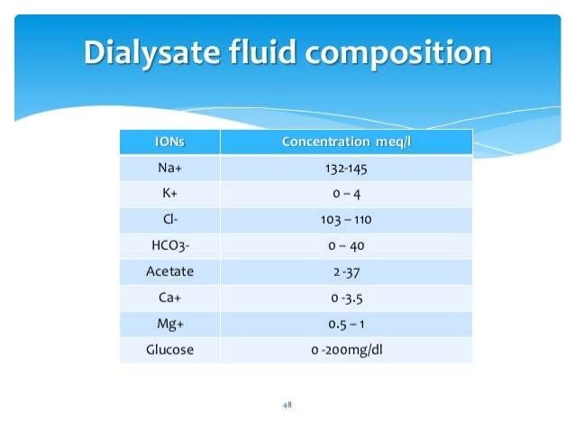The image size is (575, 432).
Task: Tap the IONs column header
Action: click(169, 142)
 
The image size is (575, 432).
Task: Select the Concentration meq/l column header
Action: click(346, 142)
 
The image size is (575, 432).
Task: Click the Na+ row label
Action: click(169, 168)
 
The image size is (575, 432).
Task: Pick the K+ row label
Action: click(169, 194)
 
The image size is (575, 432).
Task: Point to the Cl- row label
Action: click(169, 219)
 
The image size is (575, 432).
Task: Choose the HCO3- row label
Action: click(169, 245)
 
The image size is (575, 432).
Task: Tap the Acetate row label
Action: click(169, 271)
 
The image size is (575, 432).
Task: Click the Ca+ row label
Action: click(169, 297)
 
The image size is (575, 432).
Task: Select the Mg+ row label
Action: click(169, 323)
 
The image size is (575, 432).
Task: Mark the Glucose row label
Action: click(169, 349)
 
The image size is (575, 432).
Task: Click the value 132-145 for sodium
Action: click(346, 168)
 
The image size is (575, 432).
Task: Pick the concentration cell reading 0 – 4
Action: click(346, 194)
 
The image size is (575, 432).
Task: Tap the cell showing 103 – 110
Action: click(346, 219)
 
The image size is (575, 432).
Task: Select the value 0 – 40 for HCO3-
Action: click(346, 245)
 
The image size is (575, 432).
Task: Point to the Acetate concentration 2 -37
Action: click(346, 271)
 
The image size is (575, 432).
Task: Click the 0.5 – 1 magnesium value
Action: click(346, 323)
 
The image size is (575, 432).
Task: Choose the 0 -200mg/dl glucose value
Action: click(346, 349)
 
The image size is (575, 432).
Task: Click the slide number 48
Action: click(287, 405)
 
